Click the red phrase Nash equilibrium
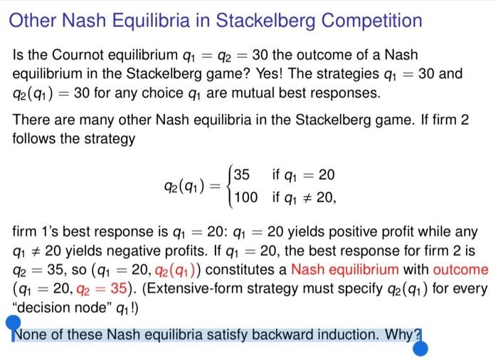click(x=344, y=270)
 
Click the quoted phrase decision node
click(x=55, y=307)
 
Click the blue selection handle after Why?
click(x=420, y=348)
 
